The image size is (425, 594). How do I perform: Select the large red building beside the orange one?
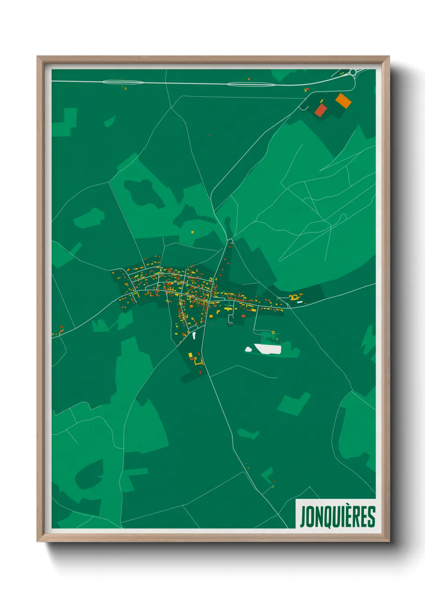point(321,110)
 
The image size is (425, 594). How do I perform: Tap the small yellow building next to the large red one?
point(321,100)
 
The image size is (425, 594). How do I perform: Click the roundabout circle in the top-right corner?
point(353,72)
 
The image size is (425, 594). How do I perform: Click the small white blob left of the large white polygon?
point(249,350)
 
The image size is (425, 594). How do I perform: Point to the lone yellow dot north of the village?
point(192,232)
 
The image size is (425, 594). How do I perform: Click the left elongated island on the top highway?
point(123,82)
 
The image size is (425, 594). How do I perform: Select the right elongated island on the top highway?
point(251,84)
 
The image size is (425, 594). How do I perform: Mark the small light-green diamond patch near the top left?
point(109,121)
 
